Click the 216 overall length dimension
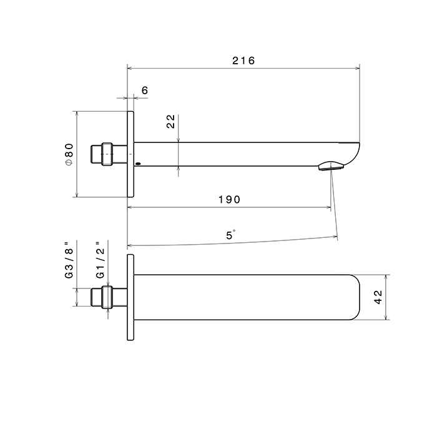click(x=243, y=61)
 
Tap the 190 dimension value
click(x=229, y=200)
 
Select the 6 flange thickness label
click(x=145, y=91)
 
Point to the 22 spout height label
click(x=170, y=122)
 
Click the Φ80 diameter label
click(x=69, y=155)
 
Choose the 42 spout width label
click(x=378, y=297)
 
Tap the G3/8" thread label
click(x=69, y=260)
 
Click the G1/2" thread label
click(x=100, y=260)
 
